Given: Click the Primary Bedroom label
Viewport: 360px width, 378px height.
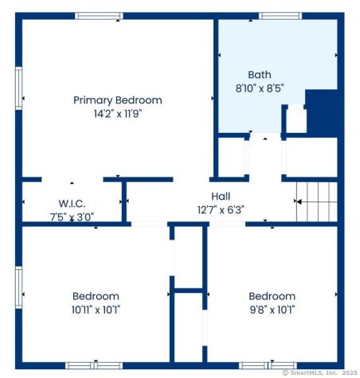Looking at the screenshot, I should (x=117, y=100).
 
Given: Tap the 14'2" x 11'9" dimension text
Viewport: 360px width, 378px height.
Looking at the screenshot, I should (x=117, y=113).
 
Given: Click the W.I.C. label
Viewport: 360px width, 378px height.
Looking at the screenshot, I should (x=72, y=202).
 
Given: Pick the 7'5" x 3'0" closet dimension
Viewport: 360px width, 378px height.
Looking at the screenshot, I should (x=72, y=215).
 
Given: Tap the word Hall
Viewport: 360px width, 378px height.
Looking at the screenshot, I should (x=221, y=197).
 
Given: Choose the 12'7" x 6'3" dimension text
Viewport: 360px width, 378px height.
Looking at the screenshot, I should (x=221, y=210).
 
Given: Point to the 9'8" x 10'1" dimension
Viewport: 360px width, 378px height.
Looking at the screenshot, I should (x=272, y=309).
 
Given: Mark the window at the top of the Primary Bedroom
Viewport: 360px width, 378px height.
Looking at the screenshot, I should (x=99, y=16).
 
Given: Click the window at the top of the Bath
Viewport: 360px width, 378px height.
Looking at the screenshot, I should (x=280, y=16).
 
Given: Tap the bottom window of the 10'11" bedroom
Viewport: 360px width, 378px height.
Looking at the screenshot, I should (x=93, y=365).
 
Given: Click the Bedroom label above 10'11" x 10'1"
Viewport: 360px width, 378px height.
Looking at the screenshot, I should (x=96, y=296).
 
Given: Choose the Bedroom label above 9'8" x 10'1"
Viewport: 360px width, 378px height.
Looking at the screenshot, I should (x=272, y=296).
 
